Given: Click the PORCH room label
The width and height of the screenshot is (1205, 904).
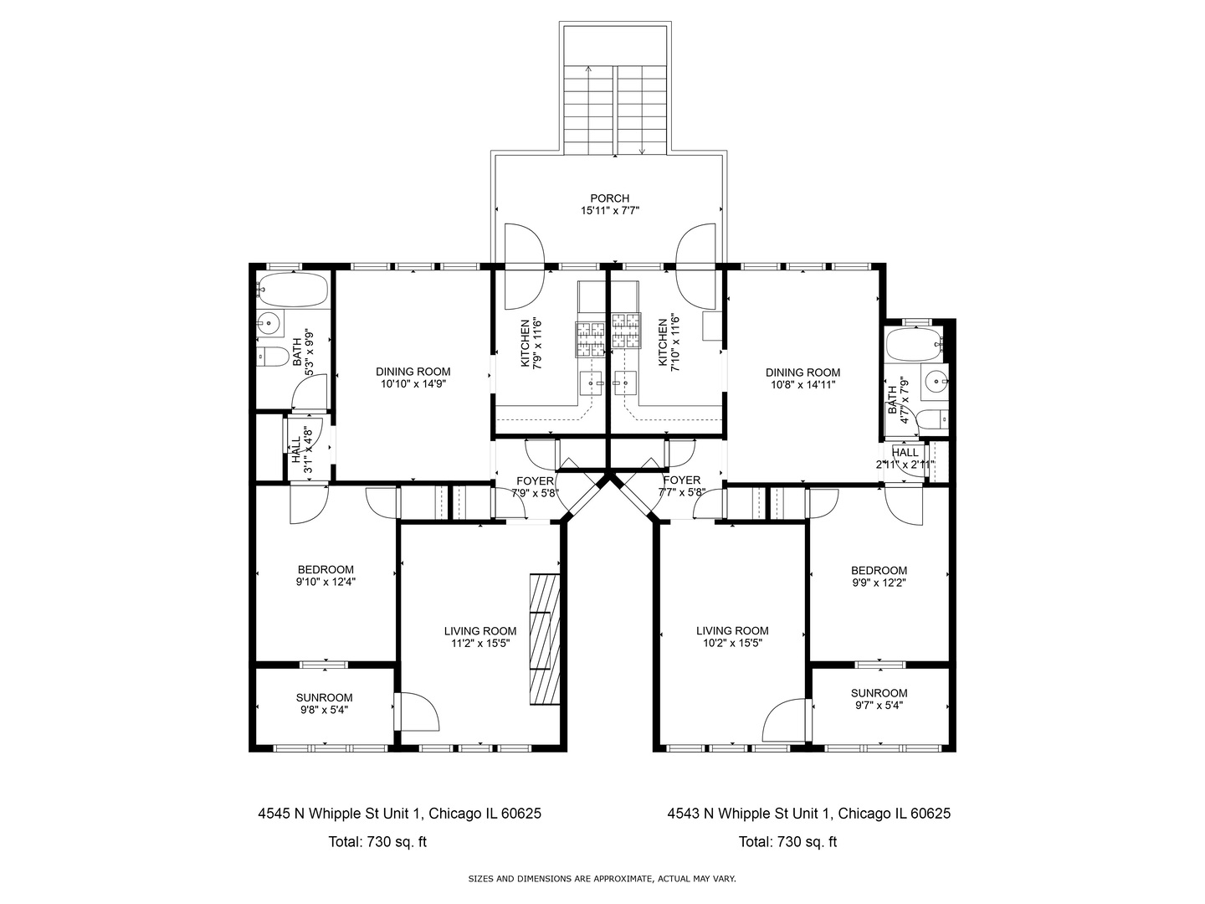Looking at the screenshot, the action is pyautogui.click(x=609, y=198).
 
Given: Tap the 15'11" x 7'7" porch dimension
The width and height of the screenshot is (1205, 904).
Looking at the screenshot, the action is pyautogui.click(x=610, y=210).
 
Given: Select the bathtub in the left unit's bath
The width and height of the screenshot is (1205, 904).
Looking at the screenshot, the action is pyautogui.click(x=293, y=290).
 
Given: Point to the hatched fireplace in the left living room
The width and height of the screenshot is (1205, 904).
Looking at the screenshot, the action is pyautogui.click(x=545, y=639).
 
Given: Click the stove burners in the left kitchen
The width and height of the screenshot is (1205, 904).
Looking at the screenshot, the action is pyautogui.click(x=590, y=340).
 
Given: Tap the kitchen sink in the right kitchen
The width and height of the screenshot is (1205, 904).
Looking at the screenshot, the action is pyautogui.click(x=625, y=383).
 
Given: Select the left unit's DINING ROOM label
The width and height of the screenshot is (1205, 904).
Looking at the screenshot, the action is pyautogui.click(x=413, y=372).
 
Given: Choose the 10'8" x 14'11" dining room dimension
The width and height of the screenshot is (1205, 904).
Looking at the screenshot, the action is pyautogui.click(x=802, y=385).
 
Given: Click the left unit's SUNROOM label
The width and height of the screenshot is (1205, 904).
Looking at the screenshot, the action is pyautogui.click(x=324, y=697).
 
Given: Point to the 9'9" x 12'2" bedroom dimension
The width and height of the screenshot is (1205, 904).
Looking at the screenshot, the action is pyautogui.click(x=879, y=583).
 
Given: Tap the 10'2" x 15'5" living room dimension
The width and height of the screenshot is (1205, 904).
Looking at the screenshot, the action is pyautogui.click(x=732, y=644).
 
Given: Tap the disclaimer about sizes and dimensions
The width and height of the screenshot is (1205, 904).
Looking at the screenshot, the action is pyautogui.click(x=602, y=879).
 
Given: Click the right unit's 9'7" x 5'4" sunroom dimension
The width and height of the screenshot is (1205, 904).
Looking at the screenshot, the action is pyautogui.click(x=879, y=706).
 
